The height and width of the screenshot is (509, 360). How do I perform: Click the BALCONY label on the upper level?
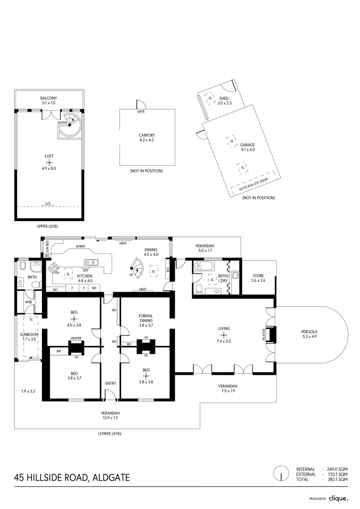49,98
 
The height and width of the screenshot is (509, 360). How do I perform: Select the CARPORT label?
147,135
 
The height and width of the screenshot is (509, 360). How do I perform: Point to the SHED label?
224,99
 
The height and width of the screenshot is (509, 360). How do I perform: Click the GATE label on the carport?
141,112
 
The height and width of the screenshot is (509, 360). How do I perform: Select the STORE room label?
258,276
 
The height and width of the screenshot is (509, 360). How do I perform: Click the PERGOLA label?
310,332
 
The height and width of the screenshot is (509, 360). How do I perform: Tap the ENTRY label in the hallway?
110,383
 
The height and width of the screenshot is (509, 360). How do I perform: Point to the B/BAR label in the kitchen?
81,246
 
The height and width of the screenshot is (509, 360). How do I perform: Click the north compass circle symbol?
281,473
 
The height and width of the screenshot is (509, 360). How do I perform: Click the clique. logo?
338,498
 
